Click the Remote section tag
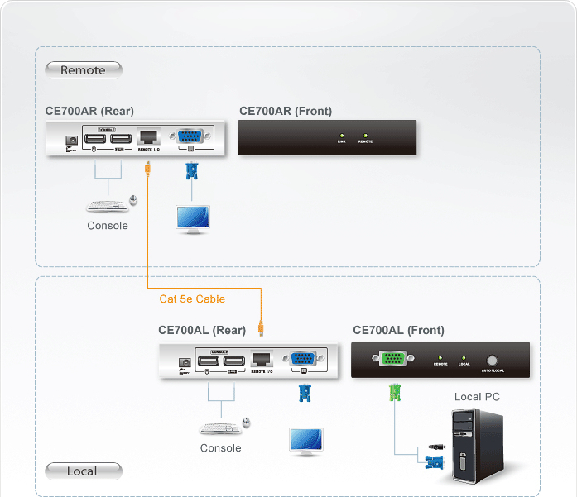(x=83, y=70)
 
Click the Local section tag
(x=82, y=471)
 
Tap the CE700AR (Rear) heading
(x=89, y=111)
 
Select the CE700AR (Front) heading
(x=286, y=111)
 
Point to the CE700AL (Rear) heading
(x=202, y=330)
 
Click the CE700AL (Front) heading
(x=398, y=330)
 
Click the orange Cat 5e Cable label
(x=192, y=299)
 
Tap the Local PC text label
(x=477, y=397)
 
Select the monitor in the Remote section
(x=192, y=217)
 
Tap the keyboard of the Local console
(x=217, y=428)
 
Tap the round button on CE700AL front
(x=493, y=361)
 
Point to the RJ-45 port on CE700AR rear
(x=148, y=136)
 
